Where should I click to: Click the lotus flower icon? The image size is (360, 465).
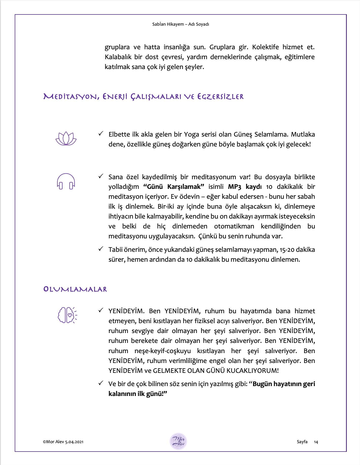pos(66,139)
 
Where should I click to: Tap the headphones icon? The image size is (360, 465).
pos(66,181)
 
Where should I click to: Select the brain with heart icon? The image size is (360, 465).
pos(67,315)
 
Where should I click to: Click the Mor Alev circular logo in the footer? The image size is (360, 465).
pos(178,441)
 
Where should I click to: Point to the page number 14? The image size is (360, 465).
pos(316,442)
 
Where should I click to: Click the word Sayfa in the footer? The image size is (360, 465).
pos(302,442)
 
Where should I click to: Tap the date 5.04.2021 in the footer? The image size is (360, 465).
pos(74,442)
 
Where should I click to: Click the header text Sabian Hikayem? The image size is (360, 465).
pos(168,24)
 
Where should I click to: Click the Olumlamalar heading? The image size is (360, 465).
pos(75,289)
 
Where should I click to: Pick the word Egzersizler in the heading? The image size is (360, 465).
pos(220,97)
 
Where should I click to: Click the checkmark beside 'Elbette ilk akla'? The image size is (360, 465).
pos(101,134)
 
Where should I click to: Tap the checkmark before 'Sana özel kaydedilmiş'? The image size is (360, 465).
pos(101,176)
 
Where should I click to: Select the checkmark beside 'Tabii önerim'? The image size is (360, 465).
pos(101,249)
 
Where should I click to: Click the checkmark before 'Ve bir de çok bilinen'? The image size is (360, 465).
pos(101,383)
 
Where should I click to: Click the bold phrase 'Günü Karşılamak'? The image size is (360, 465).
pos(174,187)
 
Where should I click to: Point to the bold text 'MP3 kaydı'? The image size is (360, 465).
pos(245,187)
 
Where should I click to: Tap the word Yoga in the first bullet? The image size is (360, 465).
pos(191,134)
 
